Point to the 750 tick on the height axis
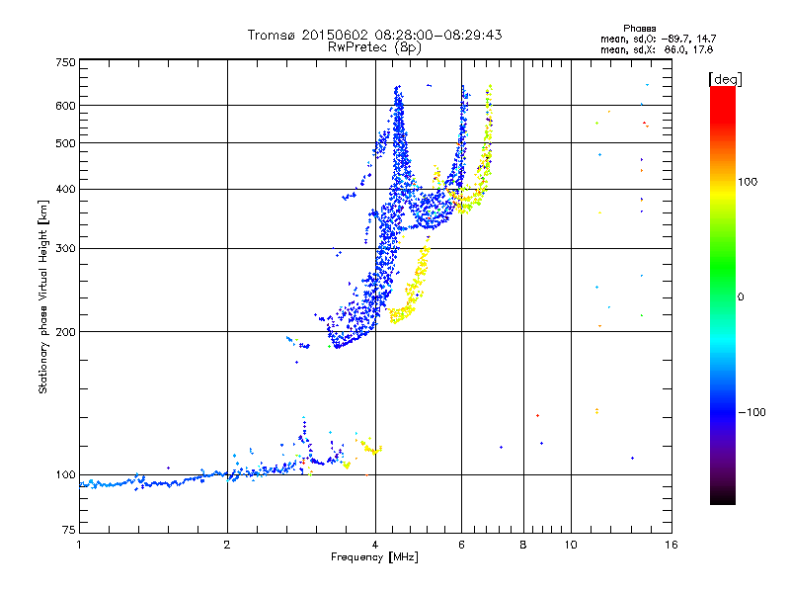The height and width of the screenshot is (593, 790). [66, 61]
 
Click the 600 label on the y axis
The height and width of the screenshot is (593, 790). [66, 106]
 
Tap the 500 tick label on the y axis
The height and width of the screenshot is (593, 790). [66, 143]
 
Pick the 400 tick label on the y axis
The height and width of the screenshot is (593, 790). [66, 190]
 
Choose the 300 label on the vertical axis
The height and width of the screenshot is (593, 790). [66, 249]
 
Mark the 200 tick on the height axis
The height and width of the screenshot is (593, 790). [66, 332]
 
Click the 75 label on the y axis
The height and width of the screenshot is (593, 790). [69, 532]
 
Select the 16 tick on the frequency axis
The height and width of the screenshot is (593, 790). [671, 545]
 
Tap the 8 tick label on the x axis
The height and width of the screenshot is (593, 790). [523, 545]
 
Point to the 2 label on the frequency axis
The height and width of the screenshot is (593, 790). [227, 545]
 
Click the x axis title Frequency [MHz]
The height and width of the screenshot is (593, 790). [374, 558]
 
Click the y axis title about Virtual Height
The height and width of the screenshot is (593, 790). [43, 297]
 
